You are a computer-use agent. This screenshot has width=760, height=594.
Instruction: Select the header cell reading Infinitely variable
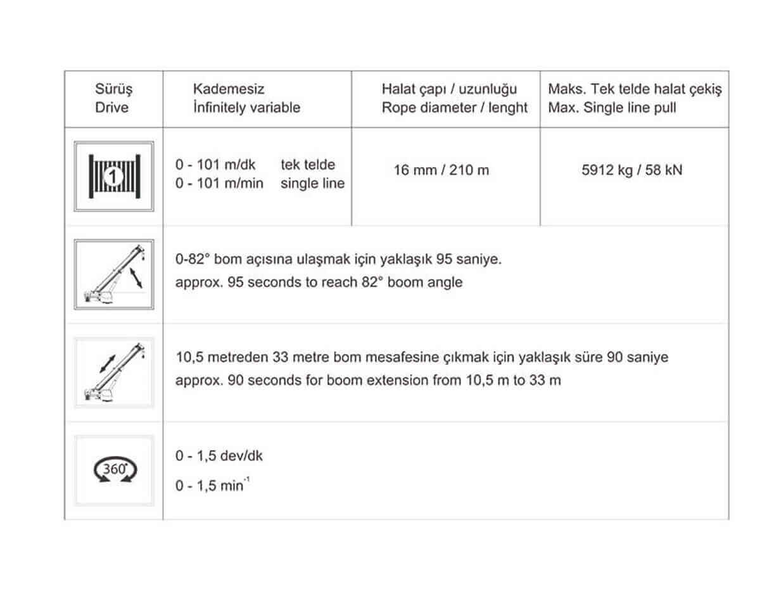point(247,108)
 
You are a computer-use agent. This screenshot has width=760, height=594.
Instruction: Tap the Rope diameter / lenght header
point(454,108)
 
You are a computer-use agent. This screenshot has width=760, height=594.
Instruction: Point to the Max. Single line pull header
point(612,108)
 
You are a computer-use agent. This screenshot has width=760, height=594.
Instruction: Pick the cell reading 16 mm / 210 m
point(441,170)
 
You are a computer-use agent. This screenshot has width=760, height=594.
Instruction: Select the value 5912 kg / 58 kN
point(632,170)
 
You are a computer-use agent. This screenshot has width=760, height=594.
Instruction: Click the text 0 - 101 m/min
point(219,184)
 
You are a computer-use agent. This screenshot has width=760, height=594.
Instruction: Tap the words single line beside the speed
point(313,184)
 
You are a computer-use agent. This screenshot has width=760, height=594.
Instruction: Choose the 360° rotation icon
point(114,471)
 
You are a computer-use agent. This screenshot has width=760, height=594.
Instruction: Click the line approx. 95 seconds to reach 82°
point(319,282)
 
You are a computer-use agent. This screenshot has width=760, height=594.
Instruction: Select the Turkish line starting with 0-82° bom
point(338,260)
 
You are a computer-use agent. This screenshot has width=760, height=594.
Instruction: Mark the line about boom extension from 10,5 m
point(368,381)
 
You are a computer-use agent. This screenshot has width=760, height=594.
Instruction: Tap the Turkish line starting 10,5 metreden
point(422,358)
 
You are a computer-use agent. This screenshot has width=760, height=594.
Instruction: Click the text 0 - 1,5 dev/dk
point(219,456)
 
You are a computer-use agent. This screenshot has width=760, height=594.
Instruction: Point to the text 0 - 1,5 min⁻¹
point(210,486)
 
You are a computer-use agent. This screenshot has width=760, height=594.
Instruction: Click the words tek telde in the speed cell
point(308,165)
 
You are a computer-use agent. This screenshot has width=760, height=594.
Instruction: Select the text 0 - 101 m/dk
point(215,165)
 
